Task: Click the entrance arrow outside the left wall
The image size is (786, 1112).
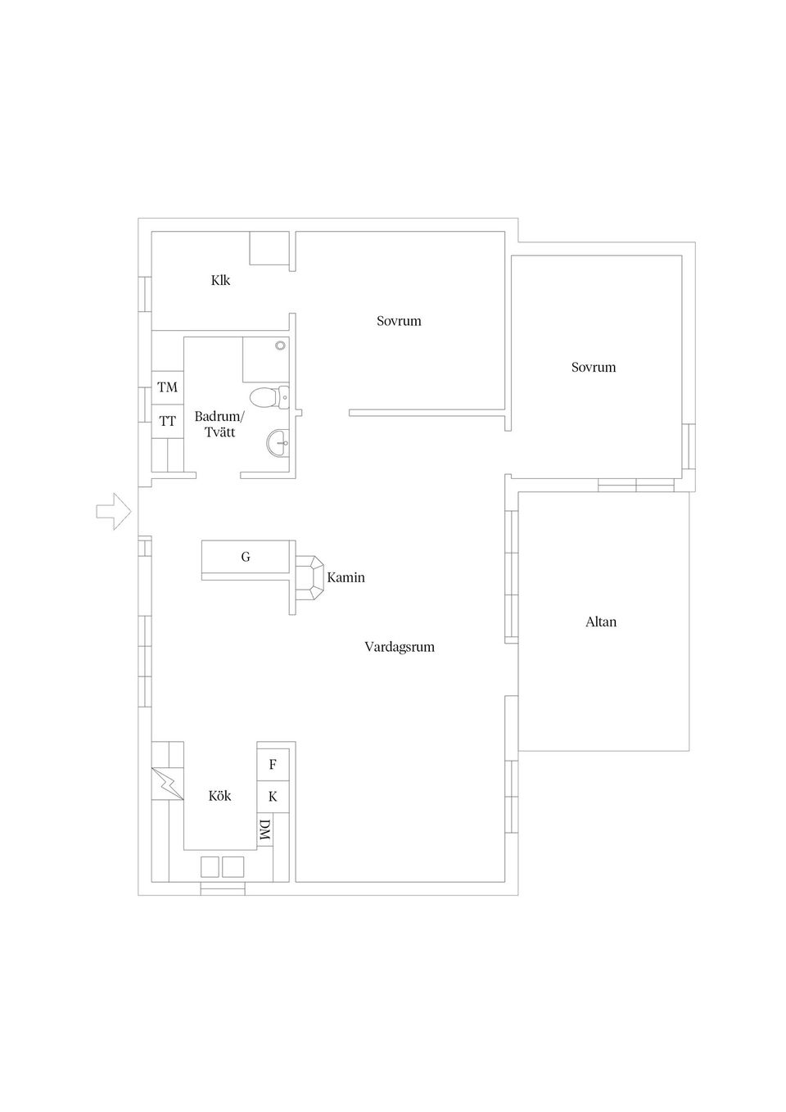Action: [x=114, y=511]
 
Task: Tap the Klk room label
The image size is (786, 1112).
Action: [x=221, y=281]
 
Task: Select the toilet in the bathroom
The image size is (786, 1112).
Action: [x=269, y=397]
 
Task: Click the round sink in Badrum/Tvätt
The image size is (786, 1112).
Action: [x=278, y=441]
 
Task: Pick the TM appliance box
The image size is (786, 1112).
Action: [x=168, y=387]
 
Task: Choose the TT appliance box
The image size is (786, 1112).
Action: [x=168, y=421]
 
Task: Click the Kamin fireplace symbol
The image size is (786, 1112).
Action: [x=309, y=578]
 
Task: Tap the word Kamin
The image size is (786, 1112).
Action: [x=346, y=578]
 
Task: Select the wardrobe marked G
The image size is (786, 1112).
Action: [x=246, y=557]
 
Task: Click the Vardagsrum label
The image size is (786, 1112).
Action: [x=400, y=648]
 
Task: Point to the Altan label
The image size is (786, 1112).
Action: [x=601, y=622]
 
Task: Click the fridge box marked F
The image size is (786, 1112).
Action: [x=273, y=765]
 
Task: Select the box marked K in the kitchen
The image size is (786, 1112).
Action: [x=273, y=797]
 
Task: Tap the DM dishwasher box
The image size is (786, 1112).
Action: [x=265, y=830]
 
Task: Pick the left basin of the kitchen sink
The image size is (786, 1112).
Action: [x=210, y=867]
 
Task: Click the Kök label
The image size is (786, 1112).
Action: [x=219, y=796]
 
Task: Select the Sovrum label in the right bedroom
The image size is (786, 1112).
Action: [x=594, y=368]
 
